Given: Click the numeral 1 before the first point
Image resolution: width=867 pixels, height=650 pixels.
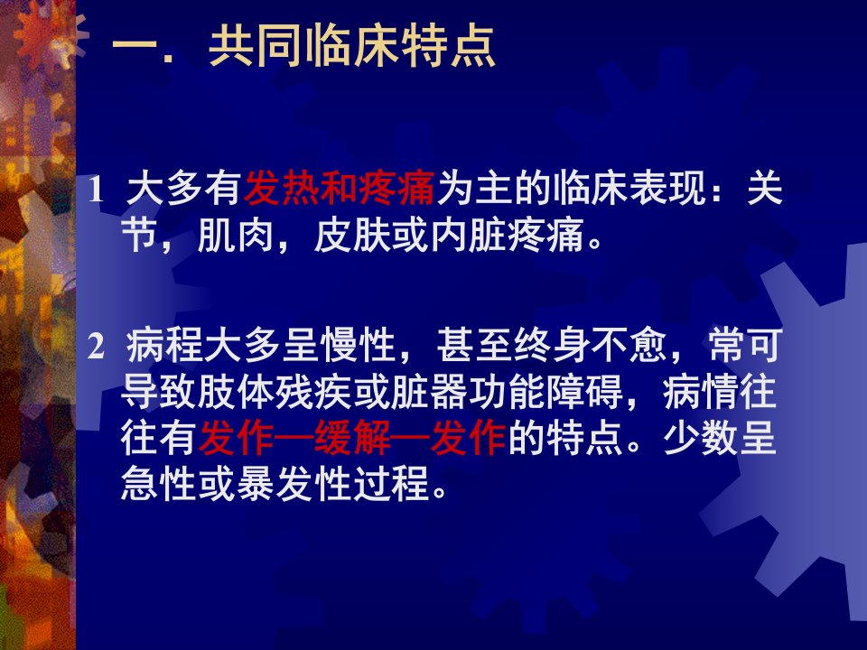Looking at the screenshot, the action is click(96, 190).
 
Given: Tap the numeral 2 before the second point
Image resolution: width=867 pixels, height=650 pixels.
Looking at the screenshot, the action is click(97, 347).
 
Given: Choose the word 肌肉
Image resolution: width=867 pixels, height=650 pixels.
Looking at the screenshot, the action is click(236, 236).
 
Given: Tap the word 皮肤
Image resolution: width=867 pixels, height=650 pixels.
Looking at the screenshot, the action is click(352, 236).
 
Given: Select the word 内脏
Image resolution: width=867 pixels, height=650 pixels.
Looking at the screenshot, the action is click(469, 236).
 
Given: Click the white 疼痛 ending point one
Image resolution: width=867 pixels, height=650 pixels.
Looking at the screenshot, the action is click(545, 236).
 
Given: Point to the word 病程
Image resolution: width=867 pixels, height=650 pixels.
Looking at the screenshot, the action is click(164, 346).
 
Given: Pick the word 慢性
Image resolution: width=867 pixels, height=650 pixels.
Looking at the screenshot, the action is click(358, 346).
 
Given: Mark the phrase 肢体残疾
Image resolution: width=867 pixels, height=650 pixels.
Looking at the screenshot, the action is click(275, 393).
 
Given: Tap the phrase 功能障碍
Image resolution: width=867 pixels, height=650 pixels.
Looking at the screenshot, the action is click(545, 393).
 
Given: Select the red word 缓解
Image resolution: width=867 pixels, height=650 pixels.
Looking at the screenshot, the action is click(352, 439).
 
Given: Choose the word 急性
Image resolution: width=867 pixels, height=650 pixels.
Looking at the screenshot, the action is click(159, 485).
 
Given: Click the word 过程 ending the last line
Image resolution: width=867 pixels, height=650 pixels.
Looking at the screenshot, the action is click(391, 485).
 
